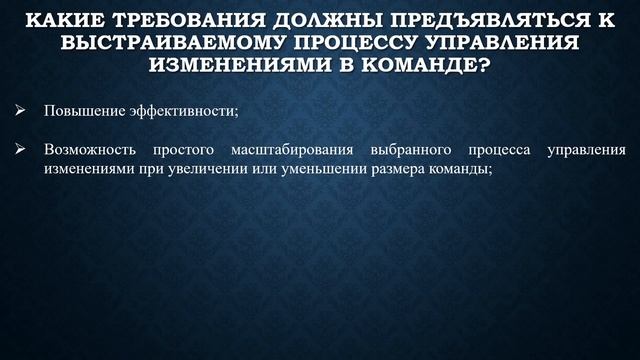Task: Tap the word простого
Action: [x=186, y=150]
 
